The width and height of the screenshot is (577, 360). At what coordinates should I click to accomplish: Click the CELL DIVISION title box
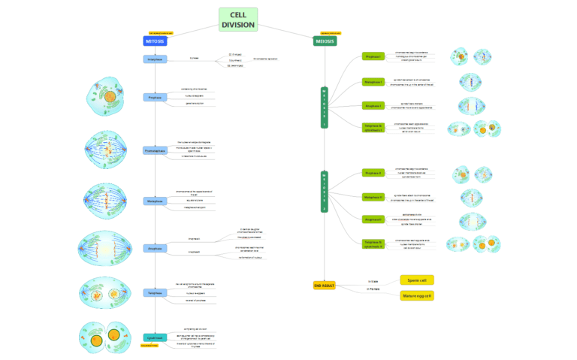pyautogui.click(x=237, y=20)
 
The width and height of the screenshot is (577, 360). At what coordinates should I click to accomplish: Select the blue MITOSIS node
pyautogui.click(x=155, y=41)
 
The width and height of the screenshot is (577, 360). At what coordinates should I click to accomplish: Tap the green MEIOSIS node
pyautogui.click(x=325, y=41)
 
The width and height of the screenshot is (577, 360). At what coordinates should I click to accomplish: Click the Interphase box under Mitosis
pyautogui.click(x=155, y=59)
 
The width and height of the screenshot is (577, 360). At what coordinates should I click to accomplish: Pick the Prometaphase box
pyautogui.click(x=155, y=150)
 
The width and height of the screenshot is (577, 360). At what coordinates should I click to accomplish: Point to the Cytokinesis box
pyautogui.click(x=155, y=337)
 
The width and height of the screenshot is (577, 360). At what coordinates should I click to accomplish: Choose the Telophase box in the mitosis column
pyautogui.click(x=155, y=292)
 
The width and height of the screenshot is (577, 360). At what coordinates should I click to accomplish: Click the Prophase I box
pyautogui.click(x=373, y=56)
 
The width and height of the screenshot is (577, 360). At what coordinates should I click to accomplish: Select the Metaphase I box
pyautogui.click(x=373, y=81)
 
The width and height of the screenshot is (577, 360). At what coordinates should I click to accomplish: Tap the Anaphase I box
pyautogui.click(x=373, y=105)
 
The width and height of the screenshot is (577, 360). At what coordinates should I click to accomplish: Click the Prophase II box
pyautogui.click(x=373, y=173)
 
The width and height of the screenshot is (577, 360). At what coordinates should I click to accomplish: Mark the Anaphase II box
pyautogui.click(x=373, y=219)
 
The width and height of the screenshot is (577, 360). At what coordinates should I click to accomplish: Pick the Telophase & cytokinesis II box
pyautogui.click(x=373, y=244)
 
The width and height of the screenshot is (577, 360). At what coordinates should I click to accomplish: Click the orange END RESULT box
pyautogui.click(x=325, y=286)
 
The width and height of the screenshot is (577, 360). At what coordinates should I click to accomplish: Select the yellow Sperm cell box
pyautogui.click(x=417, y=280)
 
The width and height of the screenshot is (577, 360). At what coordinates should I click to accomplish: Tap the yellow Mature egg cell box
pyautogui.click(x=417, y=295)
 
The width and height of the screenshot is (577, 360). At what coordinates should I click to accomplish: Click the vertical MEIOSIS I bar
pyautogui.click(x=325, y=109)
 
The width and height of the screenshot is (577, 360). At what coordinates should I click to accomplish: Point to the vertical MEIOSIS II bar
pyautogui.click(x=325, y=192)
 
